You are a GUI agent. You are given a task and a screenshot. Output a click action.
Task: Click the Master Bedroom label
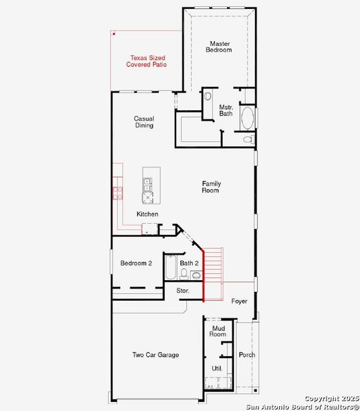219,47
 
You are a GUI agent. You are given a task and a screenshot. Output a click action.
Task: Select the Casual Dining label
143,122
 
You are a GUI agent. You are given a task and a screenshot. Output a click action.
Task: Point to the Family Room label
211,186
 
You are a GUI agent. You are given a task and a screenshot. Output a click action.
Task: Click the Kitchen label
147,214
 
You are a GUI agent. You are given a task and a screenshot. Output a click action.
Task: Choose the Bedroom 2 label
136,263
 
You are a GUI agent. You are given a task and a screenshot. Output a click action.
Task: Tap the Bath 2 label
189,263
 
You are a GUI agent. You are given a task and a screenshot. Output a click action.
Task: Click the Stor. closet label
183,291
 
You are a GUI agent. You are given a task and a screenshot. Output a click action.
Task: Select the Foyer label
239,301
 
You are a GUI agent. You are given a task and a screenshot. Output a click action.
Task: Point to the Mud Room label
217,331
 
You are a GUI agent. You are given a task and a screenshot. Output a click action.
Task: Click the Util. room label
217,369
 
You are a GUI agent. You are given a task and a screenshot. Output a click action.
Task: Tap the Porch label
247,355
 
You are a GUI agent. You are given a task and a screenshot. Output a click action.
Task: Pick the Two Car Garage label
156,355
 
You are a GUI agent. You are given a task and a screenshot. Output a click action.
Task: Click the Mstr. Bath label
226,110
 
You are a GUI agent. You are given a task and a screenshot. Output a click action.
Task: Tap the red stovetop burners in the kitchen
117,192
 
